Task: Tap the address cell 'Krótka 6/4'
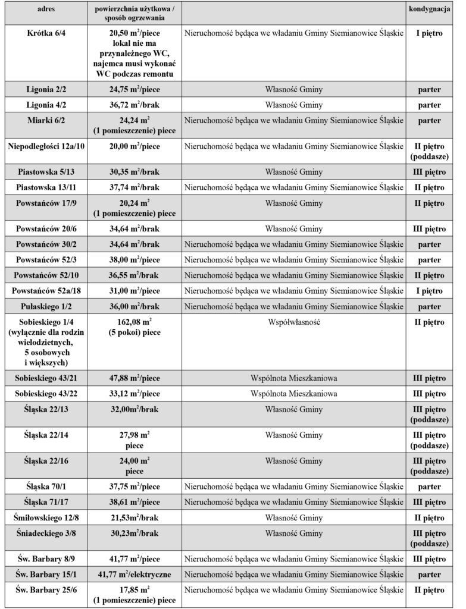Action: click(x=46, y=34)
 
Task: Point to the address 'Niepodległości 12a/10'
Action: click(x=46, y=146)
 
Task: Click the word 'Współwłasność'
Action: click(x=294, y=322)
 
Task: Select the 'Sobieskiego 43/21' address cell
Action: click(x=46, y=378)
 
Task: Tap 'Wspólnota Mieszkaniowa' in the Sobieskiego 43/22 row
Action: click(x=294, y=394)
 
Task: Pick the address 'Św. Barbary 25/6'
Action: click(x=46, y=590)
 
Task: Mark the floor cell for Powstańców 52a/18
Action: click(x=429, y=291)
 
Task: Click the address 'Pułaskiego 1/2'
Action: click(x=46, y=306)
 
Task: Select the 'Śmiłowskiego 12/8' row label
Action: click(x=46, y=518)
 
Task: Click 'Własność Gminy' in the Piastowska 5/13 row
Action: click(x=294, y=172)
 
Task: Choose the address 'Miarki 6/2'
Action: click(x=46, y=121)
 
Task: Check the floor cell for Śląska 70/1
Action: click(x=429, y=486)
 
